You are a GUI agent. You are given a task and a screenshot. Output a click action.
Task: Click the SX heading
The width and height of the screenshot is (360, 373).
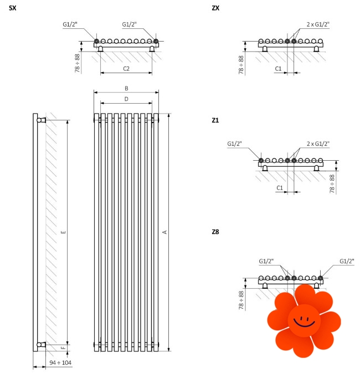tap(13, 8)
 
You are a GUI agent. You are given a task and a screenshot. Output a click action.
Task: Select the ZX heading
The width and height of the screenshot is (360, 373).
tap(215, 8)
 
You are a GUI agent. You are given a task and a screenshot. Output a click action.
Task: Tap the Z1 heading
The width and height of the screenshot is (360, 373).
tap(215, 120)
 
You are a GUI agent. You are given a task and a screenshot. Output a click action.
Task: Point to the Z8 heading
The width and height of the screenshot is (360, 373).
tap(215, 232)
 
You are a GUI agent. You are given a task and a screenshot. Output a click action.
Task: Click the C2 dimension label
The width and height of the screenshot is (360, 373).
tap(126, 69)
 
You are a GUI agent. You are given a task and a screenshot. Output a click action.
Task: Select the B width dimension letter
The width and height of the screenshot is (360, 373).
tap(126, 88)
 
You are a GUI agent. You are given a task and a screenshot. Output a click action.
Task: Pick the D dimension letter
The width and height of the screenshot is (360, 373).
tap(126, 99)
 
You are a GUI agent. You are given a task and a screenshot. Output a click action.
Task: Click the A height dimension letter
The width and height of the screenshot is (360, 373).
tap(164, 232)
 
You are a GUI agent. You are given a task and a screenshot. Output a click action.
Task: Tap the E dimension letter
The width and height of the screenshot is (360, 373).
tap(63, 232)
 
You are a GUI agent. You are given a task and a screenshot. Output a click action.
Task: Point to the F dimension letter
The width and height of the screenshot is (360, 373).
tap(63, 348)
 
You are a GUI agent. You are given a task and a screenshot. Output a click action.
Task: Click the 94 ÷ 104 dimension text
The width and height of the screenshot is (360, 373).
tap(60, 362)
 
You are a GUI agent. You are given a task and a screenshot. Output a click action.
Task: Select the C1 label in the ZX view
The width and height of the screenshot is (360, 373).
tap(278, 69)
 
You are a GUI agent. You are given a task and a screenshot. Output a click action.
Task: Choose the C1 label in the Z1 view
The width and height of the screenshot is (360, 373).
tap(280, 188)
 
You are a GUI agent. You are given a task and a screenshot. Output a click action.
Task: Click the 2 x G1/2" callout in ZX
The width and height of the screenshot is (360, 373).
tap(318, 24)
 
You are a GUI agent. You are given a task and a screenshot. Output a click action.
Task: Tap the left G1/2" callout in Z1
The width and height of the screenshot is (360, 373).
tap(234, 144)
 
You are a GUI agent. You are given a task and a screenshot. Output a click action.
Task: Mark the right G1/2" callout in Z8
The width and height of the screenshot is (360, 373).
tap(347, 261)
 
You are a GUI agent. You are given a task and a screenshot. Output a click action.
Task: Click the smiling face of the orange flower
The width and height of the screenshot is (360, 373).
tap(304, 320)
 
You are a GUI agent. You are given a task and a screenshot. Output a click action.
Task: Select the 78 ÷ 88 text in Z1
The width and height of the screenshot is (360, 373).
tap(332, 184)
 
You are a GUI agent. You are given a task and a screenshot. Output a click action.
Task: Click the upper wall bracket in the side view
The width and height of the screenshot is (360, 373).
tap(42, 120)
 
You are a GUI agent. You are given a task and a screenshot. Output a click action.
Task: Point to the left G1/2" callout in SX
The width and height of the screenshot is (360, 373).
tap(70, 24)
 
